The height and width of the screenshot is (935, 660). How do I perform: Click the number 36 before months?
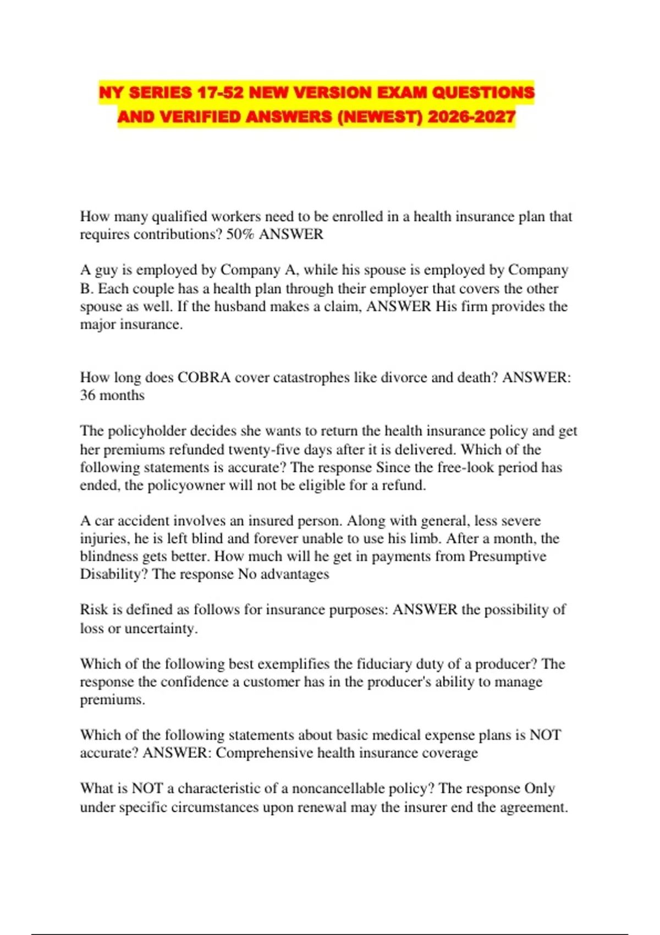click(87, 395)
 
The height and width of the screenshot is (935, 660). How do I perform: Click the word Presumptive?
click(507, 556)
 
